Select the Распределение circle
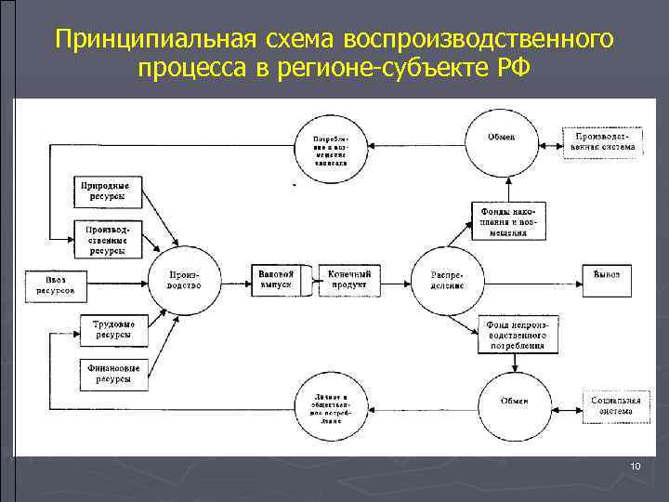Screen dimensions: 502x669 tap(446, 279)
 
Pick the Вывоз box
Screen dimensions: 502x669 tap(607, 276)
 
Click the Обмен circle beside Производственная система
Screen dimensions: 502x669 tap(502, 141)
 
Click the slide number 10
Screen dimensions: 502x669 tap(635, 465)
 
